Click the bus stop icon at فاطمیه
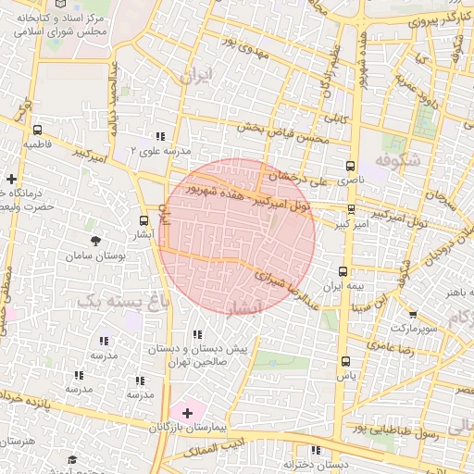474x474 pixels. pos(37,131)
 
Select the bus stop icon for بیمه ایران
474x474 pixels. pos(343,271)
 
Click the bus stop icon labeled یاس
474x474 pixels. pos(345,361)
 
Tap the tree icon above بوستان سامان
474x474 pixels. pos(95,240)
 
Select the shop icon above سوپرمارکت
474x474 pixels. pos(413,314)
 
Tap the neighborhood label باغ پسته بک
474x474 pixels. pos(113,301)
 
